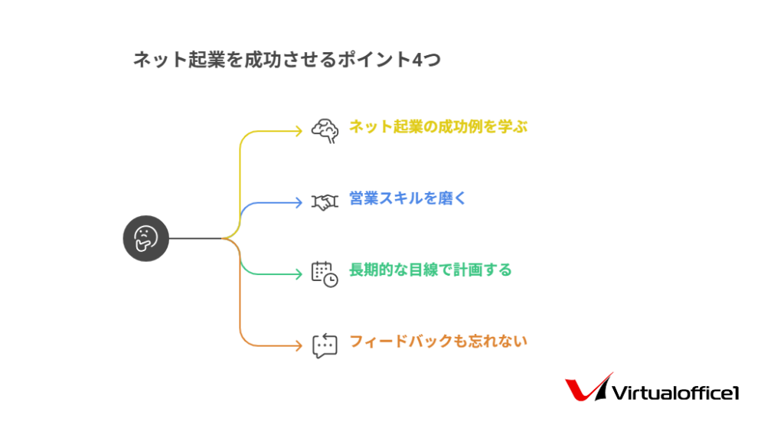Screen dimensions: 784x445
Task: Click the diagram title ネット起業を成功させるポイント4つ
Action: [x=287, y=60]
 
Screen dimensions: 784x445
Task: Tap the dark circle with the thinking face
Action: [x=146, y=238]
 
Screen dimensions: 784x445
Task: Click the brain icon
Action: [x=325, y=131]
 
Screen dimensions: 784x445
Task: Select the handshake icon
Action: [x=325, y=202]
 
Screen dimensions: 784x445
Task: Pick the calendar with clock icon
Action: [x=325, y=274]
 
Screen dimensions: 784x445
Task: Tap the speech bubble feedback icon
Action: [x=325, y=345]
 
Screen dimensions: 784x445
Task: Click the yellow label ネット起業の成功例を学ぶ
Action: [x=438, y=127]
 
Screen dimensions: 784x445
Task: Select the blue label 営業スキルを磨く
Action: [x=407, y=198]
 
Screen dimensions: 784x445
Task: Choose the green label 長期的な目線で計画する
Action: [x=430, y=270]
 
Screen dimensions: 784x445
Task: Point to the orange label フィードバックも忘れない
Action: [x=438, y=342]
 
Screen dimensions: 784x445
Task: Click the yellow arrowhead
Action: [x=299, y=131]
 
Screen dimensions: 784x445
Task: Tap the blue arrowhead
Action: [x=299, y=202]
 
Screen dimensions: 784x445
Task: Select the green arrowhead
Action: [x=299, y=274]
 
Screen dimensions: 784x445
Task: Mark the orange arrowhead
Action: [x=299, y=345]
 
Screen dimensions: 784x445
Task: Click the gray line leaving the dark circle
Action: [x=195, y=238]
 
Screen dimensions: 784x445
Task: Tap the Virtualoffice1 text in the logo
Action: [x=675, y=393]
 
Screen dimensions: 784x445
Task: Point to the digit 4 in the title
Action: [x=418, y=60]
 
